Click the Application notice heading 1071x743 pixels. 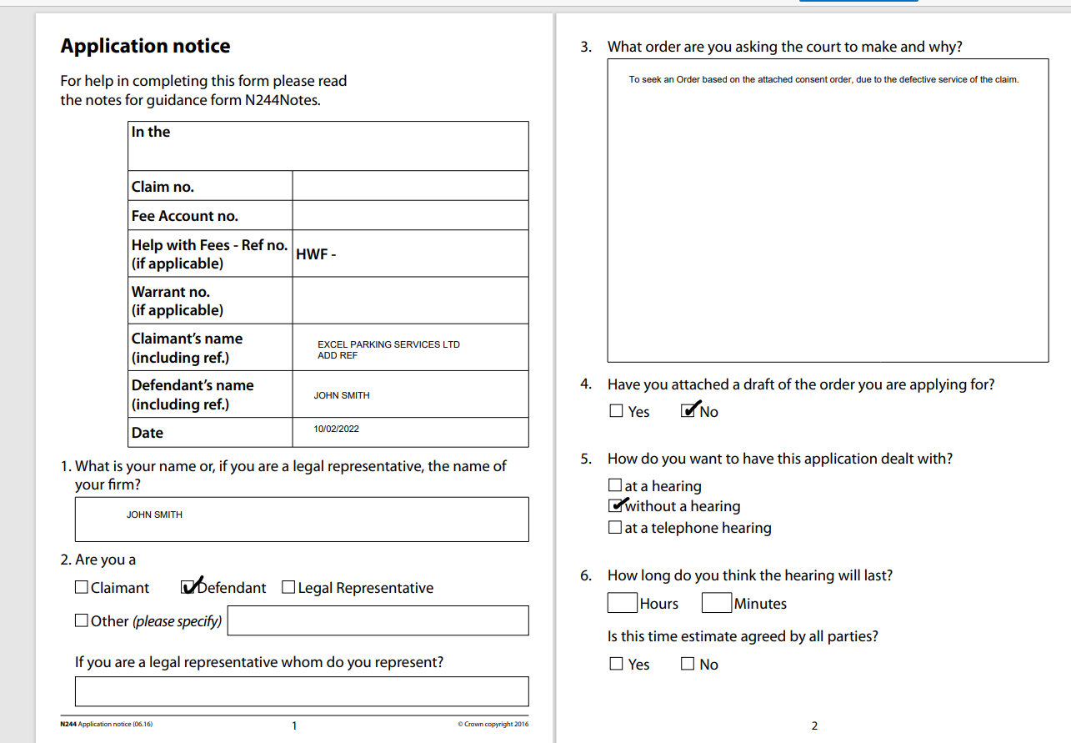click(x=145, y=47)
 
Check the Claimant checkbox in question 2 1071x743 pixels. click(x=81, y=587)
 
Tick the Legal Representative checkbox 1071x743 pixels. click(x=288, y=587)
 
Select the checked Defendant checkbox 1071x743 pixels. click(x=188, y=587)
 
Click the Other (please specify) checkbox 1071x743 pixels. click(x=81, y=620)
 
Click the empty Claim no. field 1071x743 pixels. click(x=410, y=186)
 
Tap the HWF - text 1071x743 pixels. click(x=316, y=254)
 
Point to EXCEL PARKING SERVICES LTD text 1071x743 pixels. click(x=388, y=344)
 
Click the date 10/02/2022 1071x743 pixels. click(x=336, y=429)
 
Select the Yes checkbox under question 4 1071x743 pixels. click(x=616, y=410)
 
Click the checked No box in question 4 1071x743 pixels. click(x=688, y=410)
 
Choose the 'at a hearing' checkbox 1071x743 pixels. click(x=615, y=484)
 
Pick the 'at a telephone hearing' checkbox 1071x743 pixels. click(x=615, y=527)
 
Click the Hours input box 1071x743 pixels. click(x=623, y=603)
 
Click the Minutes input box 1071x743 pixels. click(x=717, y=603)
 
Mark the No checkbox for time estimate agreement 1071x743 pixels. click(x=688, y=664)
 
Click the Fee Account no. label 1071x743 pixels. click(x=184, y=216)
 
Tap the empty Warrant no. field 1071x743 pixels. click(x=410, y=300)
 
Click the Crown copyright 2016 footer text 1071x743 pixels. click(x=493, y=724)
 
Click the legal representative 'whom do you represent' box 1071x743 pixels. click(x=302, y=691)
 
